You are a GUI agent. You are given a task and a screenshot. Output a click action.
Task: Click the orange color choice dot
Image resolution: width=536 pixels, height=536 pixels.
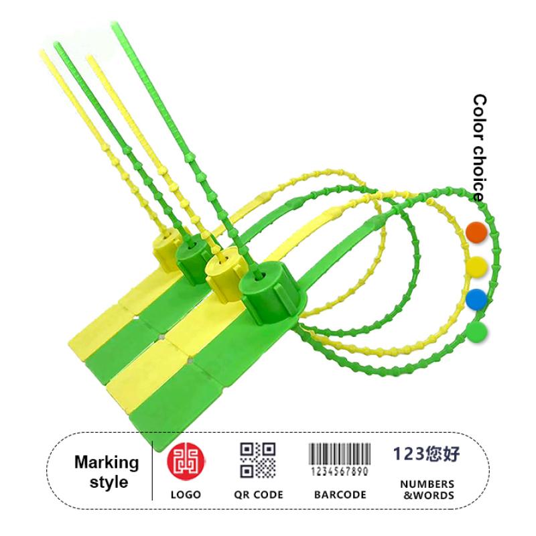(476, 232)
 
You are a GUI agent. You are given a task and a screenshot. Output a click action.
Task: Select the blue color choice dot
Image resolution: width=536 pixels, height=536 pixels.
(476, 299)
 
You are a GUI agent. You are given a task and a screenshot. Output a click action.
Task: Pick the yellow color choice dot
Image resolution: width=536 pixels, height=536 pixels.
(476, 266)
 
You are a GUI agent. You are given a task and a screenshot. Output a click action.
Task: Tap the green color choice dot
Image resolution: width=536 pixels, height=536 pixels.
(476, 332)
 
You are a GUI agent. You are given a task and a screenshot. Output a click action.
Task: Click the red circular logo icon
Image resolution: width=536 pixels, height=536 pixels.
(186, 461)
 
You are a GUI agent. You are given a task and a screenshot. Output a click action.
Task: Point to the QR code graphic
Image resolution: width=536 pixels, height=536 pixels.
(258, 460)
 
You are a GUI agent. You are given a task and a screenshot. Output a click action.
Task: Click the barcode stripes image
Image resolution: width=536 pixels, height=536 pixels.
(340, 454)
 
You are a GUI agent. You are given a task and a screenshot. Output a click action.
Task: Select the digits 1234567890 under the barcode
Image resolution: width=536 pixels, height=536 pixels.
(340, 472)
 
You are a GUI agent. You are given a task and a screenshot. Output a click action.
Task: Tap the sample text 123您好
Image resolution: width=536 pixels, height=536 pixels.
(427, 454)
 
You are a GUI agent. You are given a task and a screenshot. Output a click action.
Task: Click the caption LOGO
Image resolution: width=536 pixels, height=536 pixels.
(186, 494)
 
